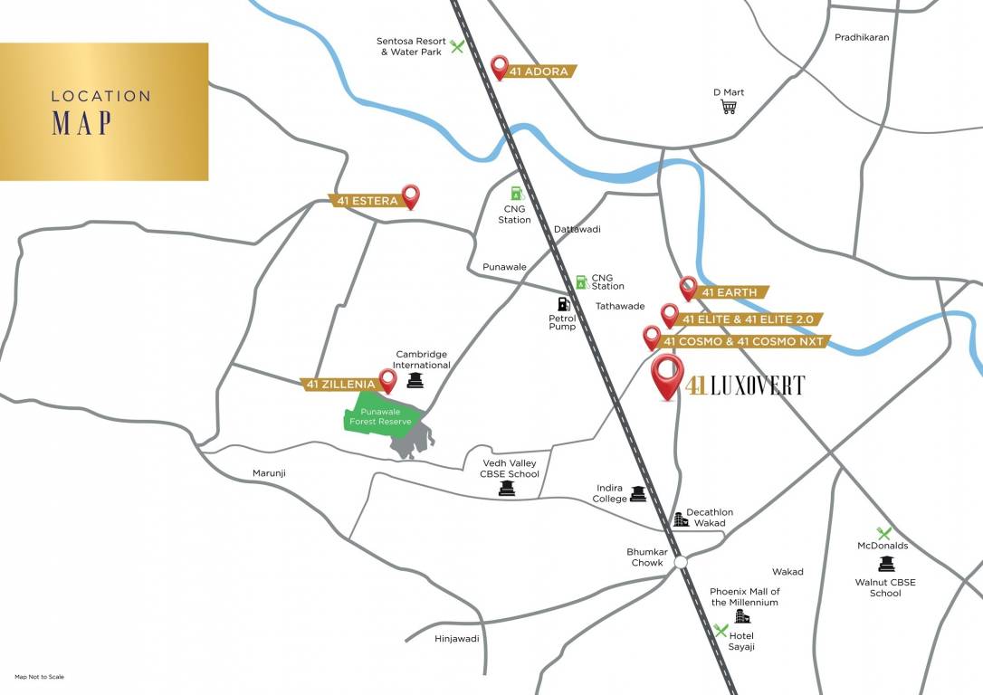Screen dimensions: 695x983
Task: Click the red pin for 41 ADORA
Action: (499, 67)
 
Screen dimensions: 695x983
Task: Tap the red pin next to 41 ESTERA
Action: (411, 195)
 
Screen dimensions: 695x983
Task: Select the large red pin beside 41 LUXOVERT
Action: (668, 376)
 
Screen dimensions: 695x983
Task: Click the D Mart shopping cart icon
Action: (728, 107)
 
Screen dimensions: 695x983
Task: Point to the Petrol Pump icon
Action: (563, 304)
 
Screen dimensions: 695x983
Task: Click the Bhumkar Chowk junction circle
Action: (681, 562)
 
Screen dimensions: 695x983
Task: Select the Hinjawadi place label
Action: (456, 638)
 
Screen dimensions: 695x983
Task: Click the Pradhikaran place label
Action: (862, 37)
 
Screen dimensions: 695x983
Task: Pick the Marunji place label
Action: (268, 472)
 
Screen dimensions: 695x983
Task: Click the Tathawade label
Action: (620, 306)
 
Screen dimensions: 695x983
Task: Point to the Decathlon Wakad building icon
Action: (680, 519)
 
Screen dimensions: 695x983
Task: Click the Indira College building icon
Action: (639, 493)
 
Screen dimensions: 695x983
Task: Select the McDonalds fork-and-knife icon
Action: (883, 533)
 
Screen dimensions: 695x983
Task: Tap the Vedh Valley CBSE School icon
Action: (506, 489)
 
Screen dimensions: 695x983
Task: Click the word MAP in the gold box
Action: (81, 122)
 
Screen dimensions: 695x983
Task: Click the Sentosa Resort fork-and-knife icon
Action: (457, 46)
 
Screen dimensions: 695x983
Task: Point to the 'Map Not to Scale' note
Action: (39, 677)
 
